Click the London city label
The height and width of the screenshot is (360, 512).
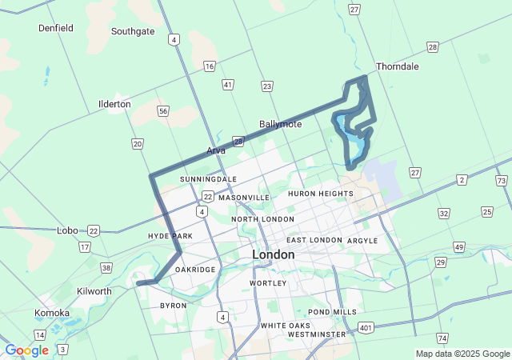273,254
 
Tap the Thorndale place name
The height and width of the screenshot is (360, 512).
397,66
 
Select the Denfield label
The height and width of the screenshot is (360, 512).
56,28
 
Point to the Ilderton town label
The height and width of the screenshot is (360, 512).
114,104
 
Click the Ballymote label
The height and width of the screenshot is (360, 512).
280,124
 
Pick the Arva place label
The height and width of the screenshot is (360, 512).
216,150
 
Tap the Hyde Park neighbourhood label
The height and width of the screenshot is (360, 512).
170,236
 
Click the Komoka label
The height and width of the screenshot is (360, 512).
52,313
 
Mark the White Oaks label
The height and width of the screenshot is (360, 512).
285,326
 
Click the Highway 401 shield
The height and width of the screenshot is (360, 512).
366,327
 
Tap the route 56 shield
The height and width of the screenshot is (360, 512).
163,111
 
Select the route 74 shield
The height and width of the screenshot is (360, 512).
443,338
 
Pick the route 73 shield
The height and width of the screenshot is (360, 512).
501,182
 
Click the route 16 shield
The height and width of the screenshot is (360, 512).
209,66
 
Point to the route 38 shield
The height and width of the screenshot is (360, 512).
106,268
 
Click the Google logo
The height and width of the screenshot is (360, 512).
26,350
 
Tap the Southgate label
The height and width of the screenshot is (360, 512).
133,32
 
